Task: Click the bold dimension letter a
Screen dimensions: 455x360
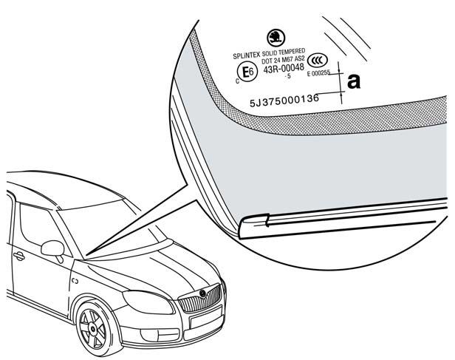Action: [354, 81]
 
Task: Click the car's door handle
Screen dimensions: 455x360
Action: [18, 257]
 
